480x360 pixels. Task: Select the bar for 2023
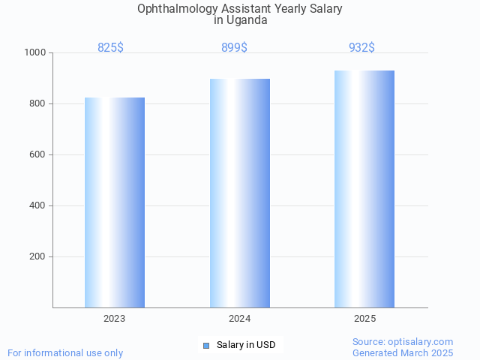115,202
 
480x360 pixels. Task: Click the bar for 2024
240,193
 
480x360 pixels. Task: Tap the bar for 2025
364,189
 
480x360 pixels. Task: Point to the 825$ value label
110,48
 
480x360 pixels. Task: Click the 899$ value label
234,48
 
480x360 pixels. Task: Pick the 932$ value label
361,48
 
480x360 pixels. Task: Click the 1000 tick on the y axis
34,52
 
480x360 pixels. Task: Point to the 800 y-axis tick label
37,103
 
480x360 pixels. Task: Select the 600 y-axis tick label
37,154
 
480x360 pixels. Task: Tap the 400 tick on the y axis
37,205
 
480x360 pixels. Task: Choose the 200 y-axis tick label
37,256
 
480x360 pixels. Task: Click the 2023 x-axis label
115,319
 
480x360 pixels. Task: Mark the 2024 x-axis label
240,319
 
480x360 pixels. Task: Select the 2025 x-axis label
364,319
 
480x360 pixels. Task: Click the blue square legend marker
206,345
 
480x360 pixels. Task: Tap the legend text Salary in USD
246,345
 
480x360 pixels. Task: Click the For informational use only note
65,352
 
